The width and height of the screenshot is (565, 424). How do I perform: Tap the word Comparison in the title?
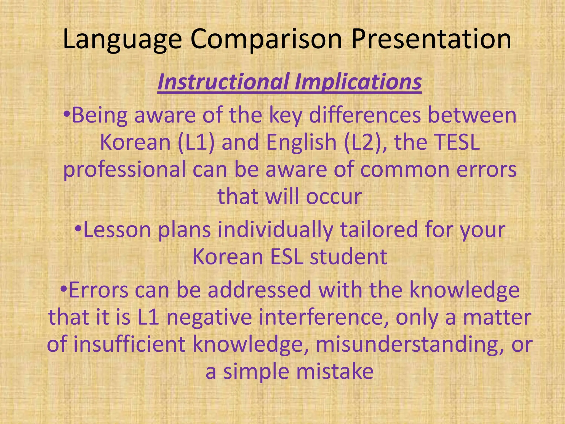(x=266, y=40)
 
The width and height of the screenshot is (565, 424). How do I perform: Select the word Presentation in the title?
(x=431, y=40)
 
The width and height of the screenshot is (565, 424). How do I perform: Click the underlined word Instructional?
(x=223, y=82)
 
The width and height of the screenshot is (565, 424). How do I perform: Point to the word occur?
(x=334, y=197)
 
